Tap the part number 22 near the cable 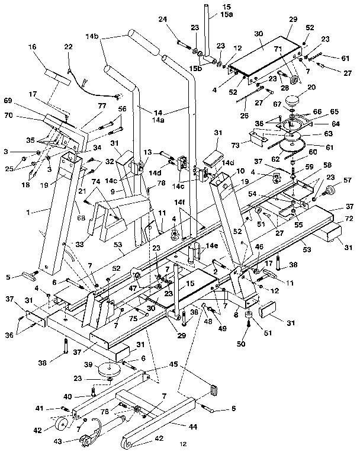[x=69, y=47]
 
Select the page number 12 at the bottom [x=184, y=443]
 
